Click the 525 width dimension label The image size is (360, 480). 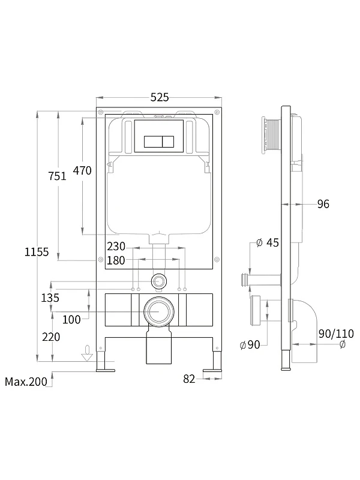pos(160,97)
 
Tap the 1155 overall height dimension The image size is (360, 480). pos(37,252)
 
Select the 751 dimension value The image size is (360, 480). pos(57,176)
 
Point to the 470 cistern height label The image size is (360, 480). pos(82,170)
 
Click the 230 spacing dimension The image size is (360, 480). pos(116,246)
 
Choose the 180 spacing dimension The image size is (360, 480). pos(116,260)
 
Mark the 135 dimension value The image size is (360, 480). pos(50,298)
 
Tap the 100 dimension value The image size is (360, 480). pos(71,320)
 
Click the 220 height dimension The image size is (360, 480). pos(51,337)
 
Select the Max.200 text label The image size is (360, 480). pos(26,382)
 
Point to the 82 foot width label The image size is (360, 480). pos(189,379)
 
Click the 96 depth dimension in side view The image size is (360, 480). pos(323,204)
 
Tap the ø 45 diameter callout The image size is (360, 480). pos(268,243)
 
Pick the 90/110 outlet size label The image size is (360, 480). pos(336,334)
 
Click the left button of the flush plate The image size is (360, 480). pos(153,142)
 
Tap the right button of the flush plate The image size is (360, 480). pos(168,142)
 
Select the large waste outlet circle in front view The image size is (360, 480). pos(159,311)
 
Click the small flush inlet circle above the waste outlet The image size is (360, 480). pos(158,281)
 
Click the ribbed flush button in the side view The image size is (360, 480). pos(271,134)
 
